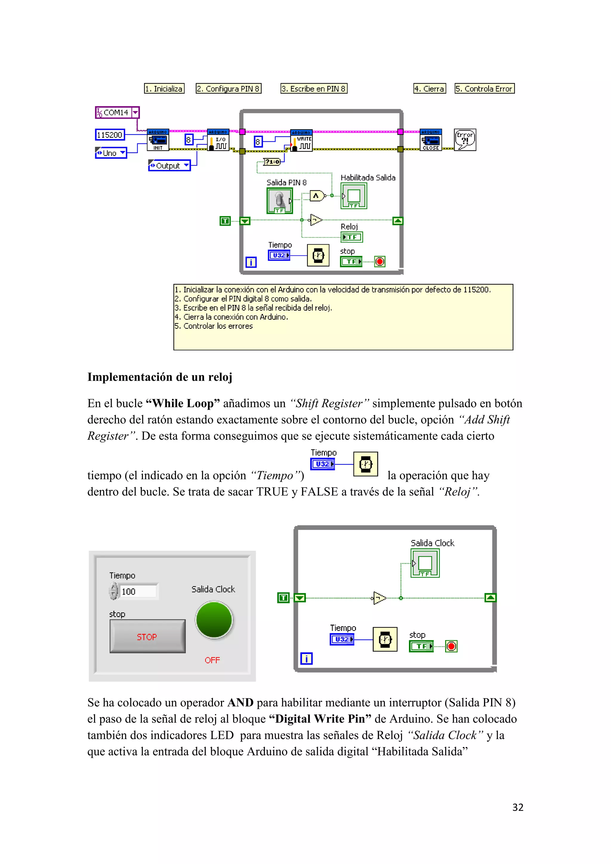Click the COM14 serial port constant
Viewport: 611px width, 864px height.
point(117,112)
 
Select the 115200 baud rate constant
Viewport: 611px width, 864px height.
point(109,135)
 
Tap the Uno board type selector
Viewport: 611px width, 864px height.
point(111,153)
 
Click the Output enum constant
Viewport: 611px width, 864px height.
point(169,166)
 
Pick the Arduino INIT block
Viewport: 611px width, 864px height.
point(158,140)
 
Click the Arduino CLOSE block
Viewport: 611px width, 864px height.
point(431,140)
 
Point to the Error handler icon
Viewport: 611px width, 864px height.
point(465,140)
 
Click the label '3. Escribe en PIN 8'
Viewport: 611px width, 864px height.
point(314,89)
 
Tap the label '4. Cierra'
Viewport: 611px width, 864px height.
point(430,89)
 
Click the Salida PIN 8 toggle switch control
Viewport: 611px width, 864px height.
point(280,200)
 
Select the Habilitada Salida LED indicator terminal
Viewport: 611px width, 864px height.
point(354,196)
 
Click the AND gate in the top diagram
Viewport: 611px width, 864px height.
point(317,196)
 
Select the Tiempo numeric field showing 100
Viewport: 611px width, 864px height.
point(138,591)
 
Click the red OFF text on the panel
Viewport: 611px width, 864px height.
point(212,660)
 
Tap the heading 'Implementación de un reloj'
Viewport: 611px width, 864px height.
point(160,377)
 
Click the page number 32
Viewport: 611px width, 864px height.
point(518,808)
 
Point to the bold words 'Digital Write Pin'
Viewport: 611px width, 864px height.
point(320,719)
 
